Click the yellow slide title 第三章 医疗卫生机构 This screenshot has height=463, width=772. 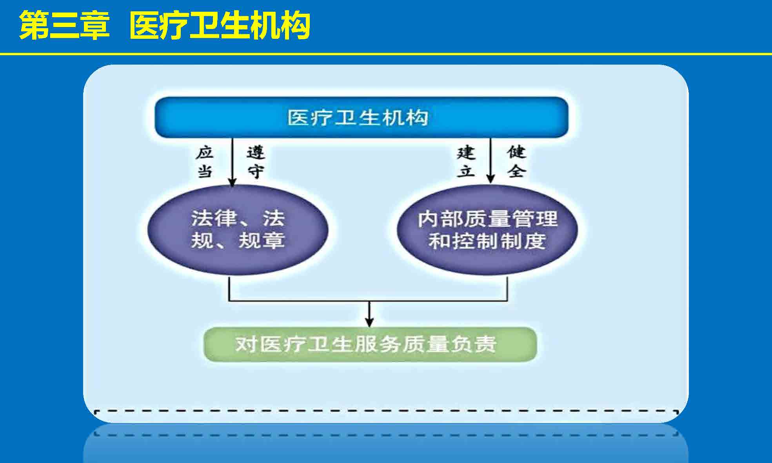pos(165,25)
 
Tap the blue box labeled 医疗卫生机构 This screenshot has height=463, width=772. pos(361,118)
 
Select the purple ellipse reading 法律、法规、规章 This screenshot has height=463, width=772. pos(238,230)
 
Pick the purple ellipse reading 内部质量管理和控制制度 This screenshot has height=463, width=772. pos(487,230)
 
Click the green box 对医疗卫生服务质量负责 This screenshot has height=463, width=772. pos(370,344)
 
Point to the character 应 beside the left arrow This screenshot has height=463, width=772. pos(205,152)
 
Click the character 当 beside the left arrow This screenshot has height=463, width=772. pos(205,171)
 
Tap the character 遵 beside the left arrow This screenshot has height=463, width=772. pos(256,152)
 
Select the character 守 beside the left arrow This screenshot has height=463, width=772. pos(256,171)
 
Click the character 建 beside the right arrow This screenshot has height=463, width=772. pos(466,152)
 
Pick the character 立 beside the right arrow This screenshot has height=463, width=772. pos(466,171)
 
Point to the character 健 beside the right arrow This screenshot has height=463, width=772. pos(516,152)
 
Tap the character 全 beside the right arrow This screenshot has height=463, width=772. pos(516,171)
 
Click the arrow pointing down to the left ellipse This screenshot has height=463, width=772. pos(232,162)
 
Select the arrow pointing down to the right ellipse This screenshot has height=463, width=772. pos(490,161)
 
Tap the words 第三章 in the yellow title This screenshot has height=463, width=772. pos(64,25)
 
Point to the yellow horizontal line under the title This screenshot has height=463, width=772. pos(386,54)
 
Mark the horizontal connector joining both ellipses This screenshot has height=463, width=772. pos(368,301)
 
